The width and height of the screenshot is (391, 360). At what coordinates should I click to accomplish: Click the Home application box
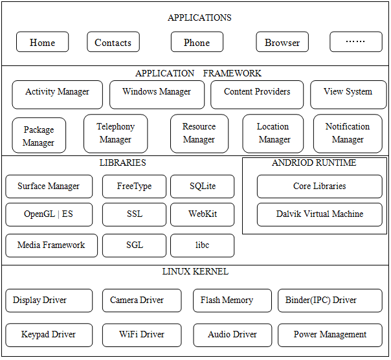click(43, 43)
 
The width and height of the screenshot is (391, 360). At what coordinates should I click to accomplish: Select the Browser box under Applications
click(282, 43)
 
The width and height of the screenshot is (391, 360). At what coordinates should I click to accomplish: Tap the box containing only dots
click(355, 42)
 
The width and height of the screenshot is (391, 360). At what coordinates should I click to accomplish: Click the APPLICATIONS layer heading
click(199, 17)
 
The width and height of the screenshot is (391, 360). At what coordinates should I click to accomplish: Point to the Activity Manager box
click(57, 94)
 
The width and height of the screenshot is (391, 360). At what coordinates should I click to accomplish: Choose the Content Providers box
click(257, 94)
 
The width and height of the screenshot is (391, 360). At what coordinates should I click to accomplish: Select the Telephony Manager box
click(116, 133)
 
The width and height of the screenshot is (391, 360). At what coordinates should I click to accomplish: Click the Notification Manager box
click(348, 133)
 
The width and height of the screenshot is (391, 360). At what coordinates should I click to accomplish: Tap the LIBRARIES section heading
click(123, 163)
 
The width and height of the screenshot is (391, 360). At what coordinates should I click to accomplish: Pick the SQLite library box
click(203, 186)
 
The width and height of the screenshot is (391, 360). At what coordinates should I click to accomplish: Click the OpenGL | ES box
click(49, 214)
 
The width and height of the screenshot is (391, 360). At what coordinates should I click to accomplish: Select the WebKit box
click(203, 214)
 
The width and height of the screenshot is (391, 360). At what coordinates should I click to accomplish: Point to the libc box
click(203, 245)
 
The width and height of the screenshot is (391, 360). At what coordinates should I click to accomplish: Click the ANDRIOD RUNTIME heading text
click(314, 163)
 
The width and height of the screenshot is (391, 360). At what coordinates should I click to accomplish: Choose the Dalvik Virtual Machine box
click(320, 214)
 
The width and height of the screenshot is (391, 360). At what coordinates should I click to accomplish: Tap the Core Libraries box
click(320, 186)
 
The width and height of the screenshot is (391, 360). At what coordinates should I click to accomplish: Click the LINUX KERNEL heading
click(195, 272)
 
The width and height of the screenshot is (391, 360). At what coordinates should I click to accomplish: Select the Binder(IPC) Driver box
click(330, 300)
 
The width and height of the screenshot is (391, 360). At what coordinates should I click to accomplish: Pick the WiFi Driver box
click(142, 335)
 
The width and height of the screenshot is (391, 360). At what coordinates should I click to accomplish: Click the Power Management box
click(330, 335)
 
